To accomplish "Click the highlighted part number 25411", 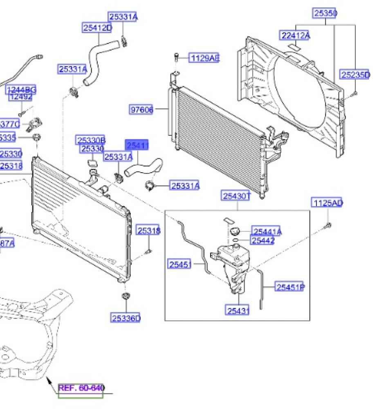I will pos(137,146).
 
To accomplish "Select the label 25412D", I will pos(97,28).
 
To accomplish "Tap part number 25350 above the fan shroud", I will pos(325,13).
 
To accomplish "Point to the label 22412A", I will pos(295,36).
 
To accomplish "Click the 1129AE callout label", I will pos(204,58).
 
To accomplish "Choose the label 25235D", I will pos(355,75).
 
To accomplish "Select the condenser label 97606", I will pos(141,110).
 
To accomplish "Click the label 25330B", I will pos(90,141).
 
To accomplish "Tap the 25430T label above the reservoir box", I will pos(236,196).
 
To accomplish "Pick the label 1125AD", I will pos(327,203).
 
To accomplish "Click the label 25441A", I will pos(267,232).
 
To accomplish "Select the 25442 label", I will pos(262,240).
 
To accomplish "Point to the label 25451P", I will pos(289,288).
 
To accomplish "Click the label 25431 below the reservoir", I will pos(238,311).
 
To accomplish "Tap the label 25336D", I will pos(126,318).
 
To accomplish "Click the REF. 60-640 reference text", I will pos(81,388).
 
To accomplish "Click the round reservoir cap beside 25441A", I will pos(235,231).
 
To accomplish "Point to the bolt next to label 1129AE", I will pos(176,57).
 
